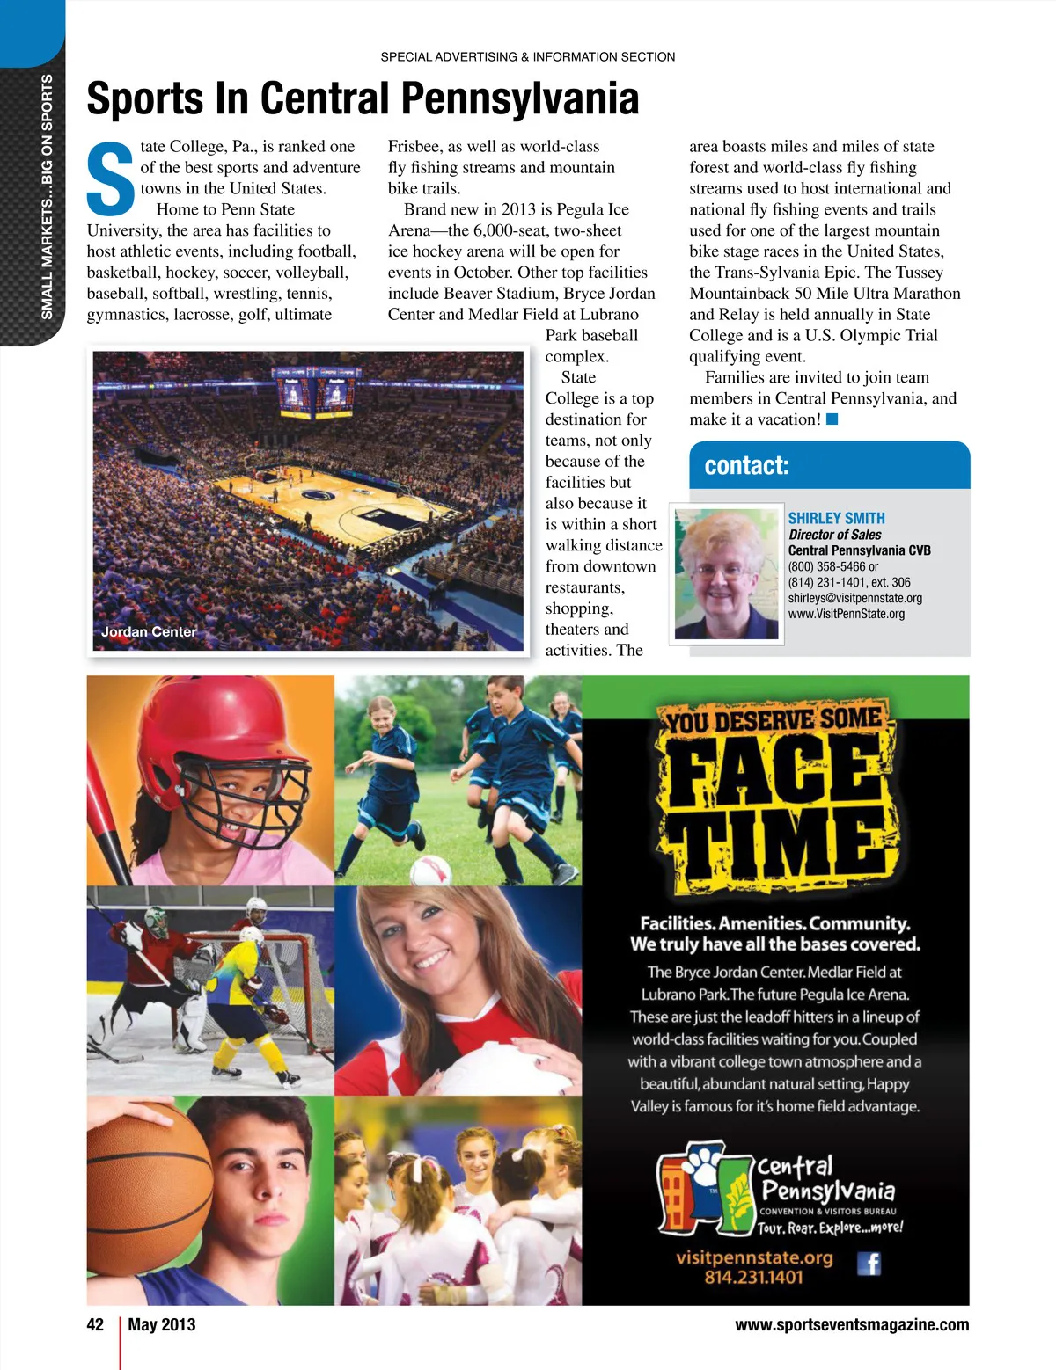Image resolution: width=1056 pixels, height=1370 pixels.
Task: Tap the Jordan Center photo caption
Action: click(x=149, y=631)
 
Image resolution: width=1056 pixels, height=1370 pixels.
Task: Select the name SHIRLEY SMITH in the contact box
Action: click(x=836, y=518)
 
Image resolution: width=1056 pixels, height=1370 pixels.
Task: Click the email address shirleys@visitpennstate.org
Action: click(x=854, y=598)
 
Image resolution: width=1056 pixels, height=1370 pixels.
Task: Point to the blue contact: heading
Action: click(x=746, y=465)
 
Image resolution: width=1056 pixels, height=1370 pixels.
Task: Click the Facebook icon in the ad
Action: click(x=869, y=1264)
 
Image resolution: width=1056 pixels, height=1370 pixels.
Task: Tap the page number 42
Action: click(x=95, y=1324)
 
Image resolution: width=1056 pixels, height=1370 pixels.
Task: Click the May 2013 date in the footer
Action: click(x=162, y=1324)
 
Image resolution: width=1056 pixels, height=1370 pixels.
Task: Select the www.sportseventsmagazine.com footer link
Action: click(x=852, y=1324)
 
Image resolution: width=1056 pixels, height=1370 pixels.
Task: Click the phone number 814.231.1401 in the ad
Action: click(x=753, y=1277)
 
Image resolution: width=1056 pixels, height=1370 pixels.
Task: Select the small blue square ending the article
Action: click(x=832, y=419)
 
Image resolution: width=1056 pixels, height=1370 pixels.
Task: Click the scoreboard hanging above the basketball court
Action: click(x=316, y=392)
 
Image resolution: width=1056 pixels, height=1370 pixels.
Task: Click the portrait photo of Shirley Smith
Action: click(x=727, y=573)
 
